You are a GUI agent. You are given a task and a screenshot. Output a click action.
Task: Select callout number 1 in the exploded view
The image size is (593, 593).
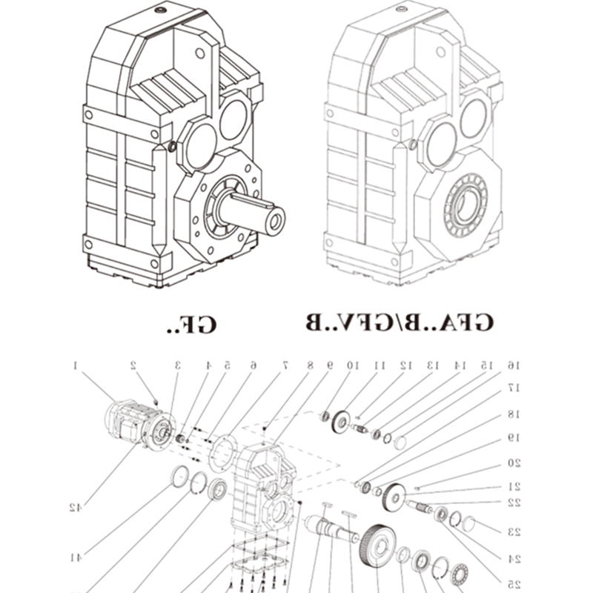(x=76, y=365)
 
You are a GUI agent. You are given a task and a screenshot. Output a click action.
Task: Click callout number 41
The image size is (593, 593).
(x=74, y=557)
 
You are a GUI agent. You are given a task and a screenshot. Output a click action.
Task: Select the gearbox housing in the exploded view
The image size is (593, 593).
(x=265, y=486)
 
